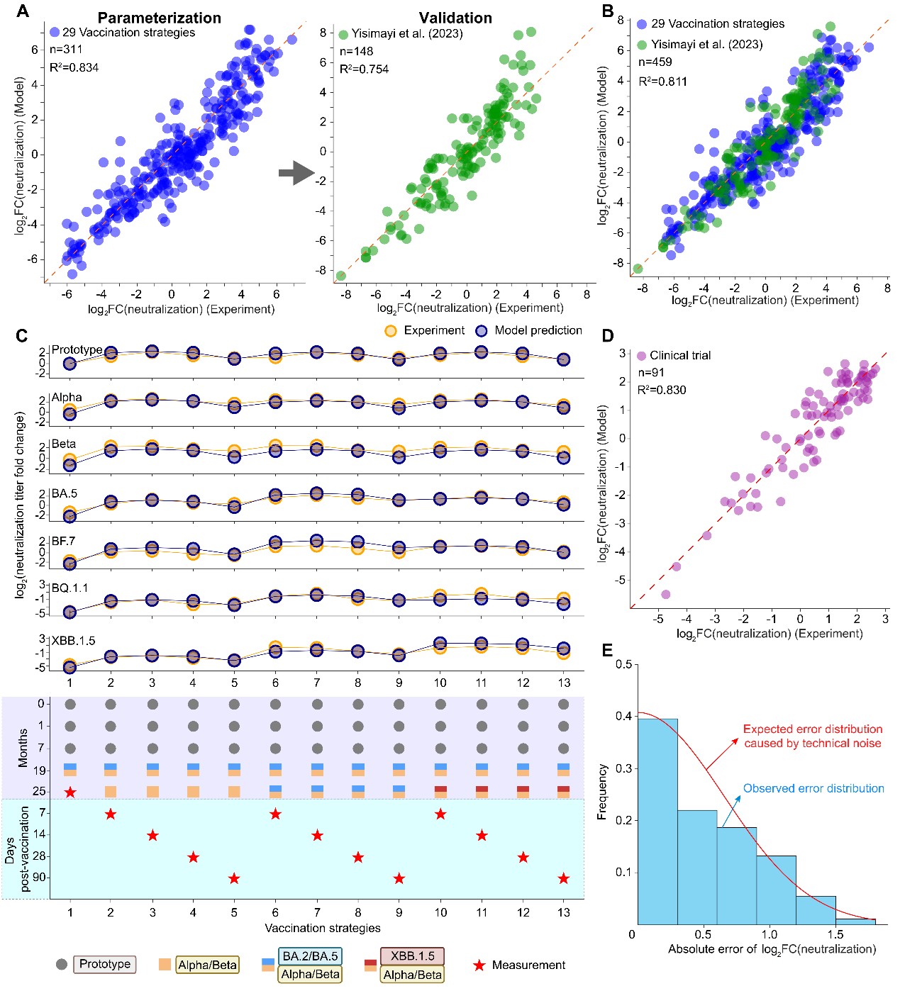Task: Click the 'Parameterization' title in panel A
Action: [x=159, y=18]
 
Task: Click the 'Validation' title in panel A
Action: [x=455, y=18]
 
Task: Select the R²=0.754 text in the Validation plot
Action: [x=364, y=69]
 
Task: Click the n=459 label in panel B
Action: [x=655, y=62]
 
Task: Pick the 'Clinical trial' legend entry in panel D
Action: [x=679, y=355]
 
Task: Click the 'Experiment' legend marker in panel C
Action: [x=390, y=330]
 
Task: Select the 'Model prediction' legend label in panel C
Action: [x=538, y=330]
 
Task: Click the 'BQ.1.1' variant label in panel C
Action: [x=70, y=588]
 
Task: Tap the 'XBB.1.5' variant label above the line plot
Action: [x=73, y=640]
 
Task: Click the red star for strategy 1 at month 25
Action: [x=70, y=792]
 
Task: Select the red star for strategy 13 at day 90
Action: [x=563, y=878]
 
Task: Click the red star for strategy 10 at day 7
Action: [x=440, y=814]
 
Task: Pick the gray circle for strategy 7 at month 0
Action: [x=317, y=704]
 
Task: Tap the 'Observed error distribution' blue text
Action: [x=813, y=788]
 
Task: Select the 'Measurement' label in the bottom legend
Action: [x=528, y=965]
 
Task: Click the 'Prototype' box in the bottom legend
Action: [x=105, y=964]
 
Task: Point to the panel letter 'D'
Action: [x=607, y=335]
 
